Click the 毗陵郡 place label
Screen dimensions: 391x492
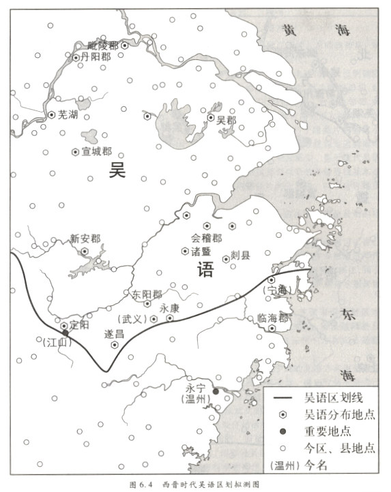coord(103,45)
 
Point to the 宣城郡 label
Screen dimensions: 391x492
coord(96,151)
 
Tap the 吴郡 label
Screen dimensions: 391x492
coord(226,119)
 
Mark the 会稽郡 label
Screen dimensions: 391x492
coord(206,239)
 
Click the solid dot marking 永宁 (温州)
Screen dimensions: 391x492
coord(215,391)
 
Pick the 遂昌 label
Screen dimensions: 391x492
coord(114,334)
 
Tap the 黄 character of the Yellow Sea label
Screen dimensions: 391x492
coord(291,29)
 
